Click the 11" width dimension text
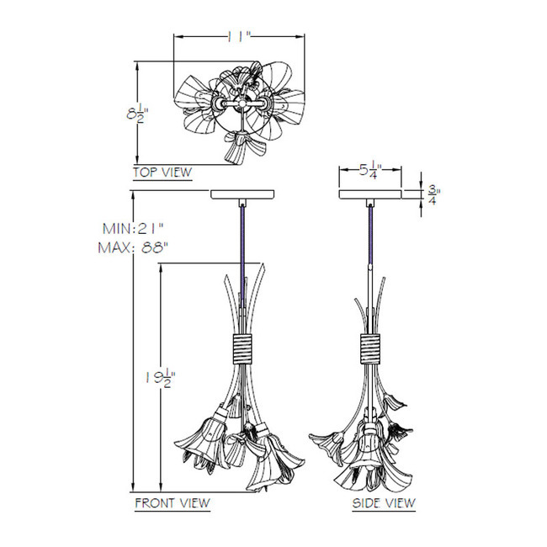pyautogui.click(x=239, y=36)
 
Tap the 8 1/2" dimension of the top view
pyautogui.click(x=137, y=114)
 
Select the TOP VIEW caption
pyautogui.click(x=162, y=172)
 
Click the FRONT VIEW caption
pyautogui.click(x=173, y=502)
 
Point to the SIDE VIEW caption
pyautogui.click(x=384, y=502)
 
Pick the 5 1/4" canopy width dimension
pyautogui.click(x=371, y=169)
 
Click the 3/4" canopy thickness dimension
pyautogui.click(x=433, y=195)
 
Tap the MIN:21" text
pyautogui.click(x=133, y=229)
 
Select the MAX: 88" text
pyautogui.click(x=133, y=247)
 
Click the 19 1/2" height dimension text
pyautogui.click(x=160, y=378)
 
